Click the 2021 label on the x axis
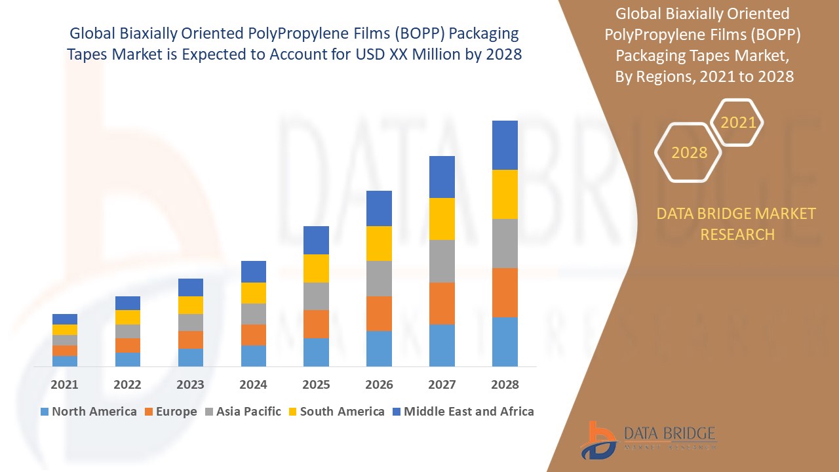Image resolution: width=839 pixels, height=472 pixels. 64,385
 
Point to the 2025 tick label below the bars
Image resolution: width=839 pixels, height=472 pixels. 316,385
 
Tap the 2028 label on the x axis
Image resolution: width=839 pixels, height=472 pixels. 505,385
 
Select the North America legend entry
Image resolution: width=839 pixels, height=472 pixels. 88,412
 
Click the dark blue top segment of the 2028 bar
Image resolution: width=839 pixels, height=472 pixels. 505,145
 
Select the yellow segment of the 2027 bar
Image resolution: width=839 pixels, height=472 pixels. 442,219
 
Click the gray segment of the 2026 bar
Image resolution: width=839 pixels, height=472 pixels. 379,279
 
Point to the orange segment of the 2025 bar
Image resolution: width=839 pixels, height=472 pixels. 316,324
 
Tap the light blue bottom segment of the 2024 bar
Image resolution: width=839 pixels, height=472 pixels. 253,355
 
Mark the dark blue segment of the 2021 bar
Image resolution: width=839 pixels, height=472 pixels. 64,319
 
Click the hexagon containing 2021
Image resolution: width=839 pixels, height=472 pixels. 737,123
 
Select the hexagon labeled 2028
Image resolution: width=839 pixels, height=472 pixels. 688,153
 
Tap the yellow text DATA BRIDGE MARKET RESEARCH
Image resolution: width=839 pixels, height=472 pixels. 737,224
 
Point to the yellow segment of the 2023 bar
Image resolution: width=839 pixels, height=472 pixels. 190,305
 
